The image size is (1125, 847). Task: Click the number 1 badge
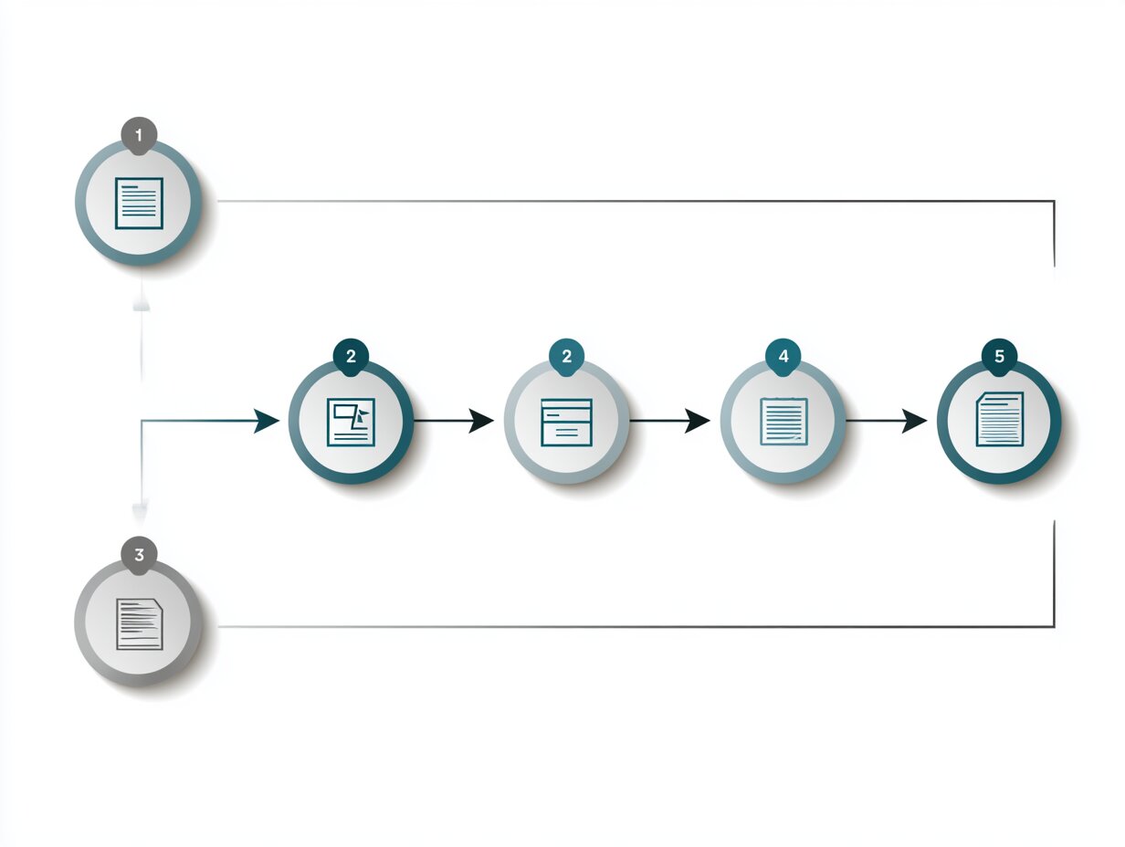(139, 135)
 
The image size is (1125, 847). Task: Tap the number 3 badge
(139, 555)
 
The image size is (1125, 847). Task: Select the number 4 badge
(783, 357)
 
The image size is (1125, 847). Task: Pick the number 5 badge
(999, 357)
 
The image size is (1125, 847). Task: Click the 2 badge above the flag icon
(351, 357)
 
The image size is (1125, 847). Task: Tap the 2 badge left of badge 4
(567, 357)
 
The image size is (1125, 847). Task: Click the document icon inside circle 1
(139, 204)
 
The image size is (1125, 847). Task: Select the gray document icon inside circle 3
(140, 624)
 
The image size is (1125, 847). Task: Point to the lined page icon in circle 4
(783, 422)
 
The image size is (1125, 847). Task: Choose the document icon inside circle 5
(1000, 420)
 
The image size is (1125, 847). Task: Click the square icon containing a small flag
(351, 422)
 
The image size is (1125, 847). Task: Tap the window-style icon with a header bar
(566, 423)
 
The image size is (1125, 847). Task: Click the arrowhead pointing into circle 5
(914, 421)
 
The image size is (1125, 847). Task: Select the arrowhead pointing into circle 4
(697, 421)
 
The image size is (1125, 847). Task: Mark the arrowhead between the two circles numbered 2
(480, 421)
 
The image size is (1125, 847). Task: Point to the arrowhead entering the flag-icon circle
(267, 421)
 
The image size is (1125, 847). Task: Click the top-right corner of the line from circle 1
(1054, 201)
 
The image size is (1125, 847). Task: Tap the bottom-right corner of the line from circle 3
(1054, 626)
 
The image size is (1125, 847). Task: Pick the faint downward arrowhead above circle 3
(141, 513)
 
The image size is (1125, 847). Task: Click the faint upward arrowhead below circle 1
(142, 302)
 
